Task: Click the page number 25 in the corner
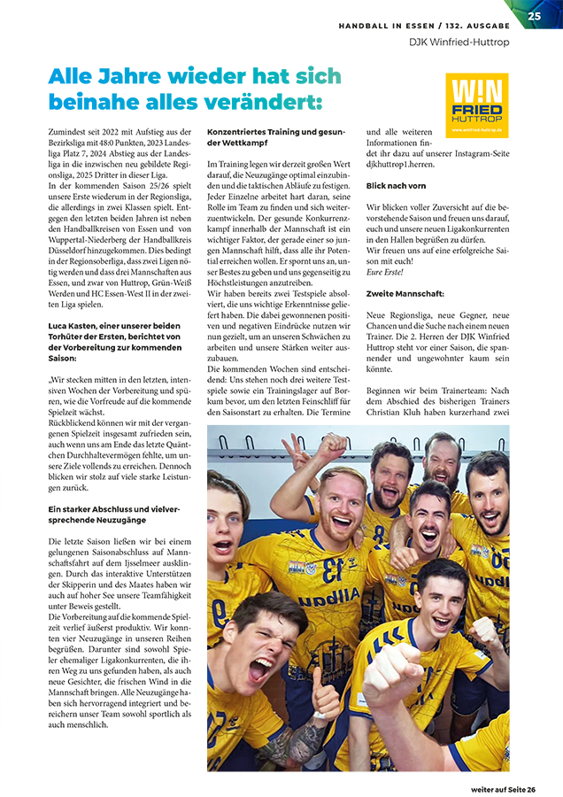(x=535, y=15)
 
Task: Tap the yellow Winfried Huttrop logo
(x=477, y=104)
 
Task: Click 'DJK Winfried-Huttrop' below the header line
(x=458, y=42)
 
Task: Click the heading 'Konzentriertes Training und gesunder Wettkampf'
(x=274, y=137)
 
